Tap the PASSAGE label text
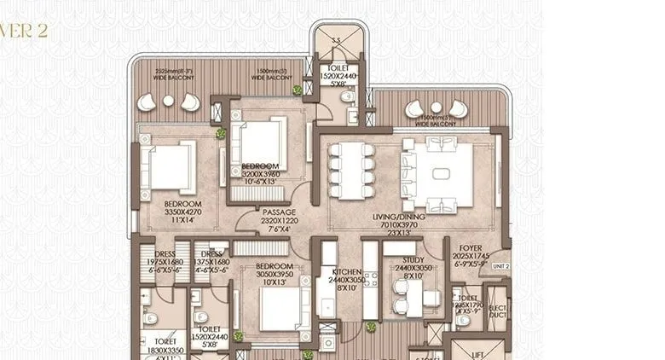(x=279, y=213)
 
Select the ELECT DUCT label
(x=497, y=313)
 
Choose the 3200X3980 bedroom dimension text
(x=257, y=174)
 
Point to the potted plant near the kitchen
(x=371, y=326)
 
